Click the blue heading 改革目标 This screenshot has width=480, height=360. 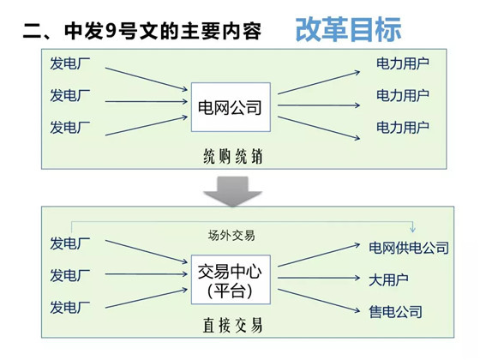pyautogui.click(x=348, y=29)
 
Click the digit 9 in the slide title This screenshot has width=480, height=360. pyautogui.click(x=111, y=31)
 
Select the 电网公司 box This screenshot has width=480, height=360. pyautogui.click(x=231, y=107)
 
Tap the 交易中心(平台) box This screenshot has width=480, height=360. pyautogui.click(x=231, y=279)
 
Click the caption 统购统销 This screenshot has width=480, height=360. pyautogui.click(x=233, y=157)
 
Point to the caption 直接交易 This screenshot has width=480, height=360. pyautogui.click(x=232, y=325)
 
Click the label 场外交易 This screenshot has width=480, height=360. pyautogui.click(x=231, y=236)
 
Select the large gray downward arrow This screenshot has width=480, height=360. pyautogui.click(x=232, y=191)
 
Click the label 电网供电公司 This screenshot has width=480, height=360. pyautogui.click(x=409, y=248)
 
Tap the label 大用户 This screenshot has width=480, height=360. pyautogui.click(x=388, y=280)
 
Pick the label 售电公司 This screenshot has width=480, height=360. pyautogui.click(x=395, y=312)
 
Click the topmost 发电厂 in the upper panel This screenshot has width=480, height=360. pyautogui.click(x=70, y=63)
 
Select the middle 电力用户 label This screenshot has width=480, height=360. pyautogui.click(x=403, y=95)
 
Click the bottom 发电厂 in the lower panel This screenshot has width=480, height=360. pyautogui.click(x=70, y=307)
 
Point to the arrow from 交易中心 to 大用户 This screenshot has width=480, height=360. pyautogui.click(x=319, y=278)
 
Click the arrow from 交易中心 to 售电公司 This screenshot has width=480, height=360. pyautogui.click(x=319, y=301)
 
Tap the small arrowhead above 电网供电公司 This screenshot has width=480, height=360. pyautogui.click(x=412, y=229)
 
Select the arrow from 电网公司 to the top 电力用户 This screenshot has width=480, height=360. pyautogui.click(x=319, y=82)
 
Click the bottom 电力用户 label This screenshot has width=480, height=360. pyautogui.click(x=403, y=128)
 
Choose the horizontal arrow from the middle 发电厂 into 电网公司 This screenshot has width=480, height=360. pyautogui.click(x=147, y=101)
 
